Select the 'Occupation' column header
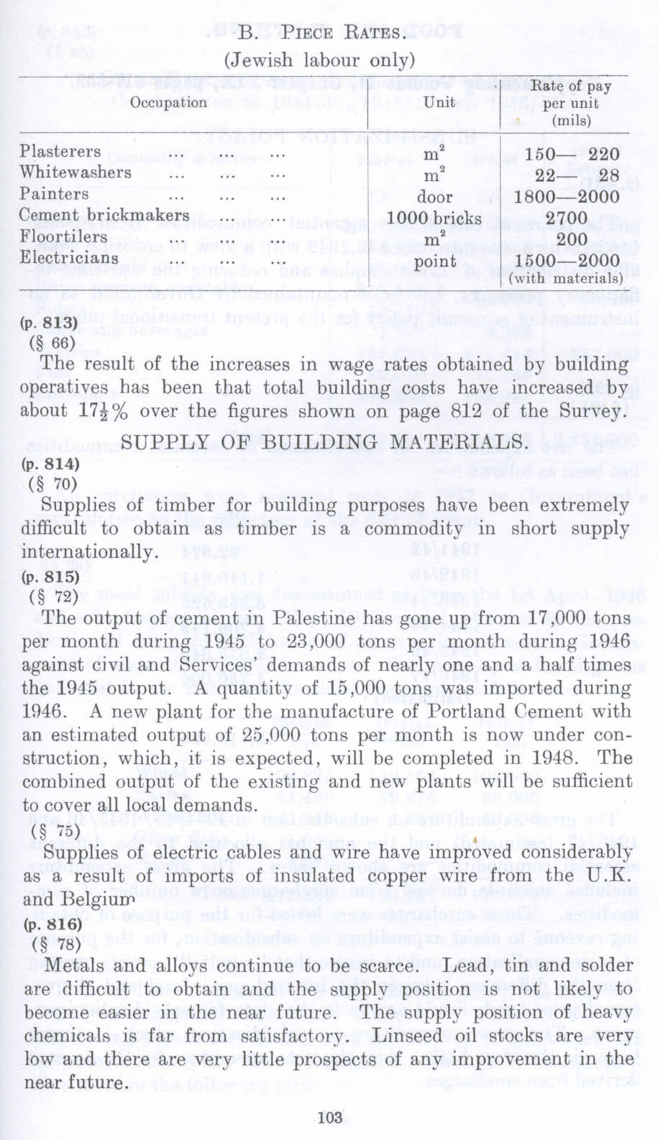(168, 102)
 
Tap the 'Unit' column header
(438, 102)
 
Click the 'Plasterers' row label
(60, 152)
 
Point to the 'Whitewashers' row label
(76, 173)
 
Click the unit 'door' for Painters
(435, 197)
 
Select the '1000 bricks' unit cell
(434, 218)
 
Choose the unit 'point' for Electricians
(434, 260)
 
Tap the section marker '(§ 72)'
(55, 597)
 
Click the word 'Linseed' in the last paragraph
(427, 1036)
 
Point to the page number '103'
(329, 1118)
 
